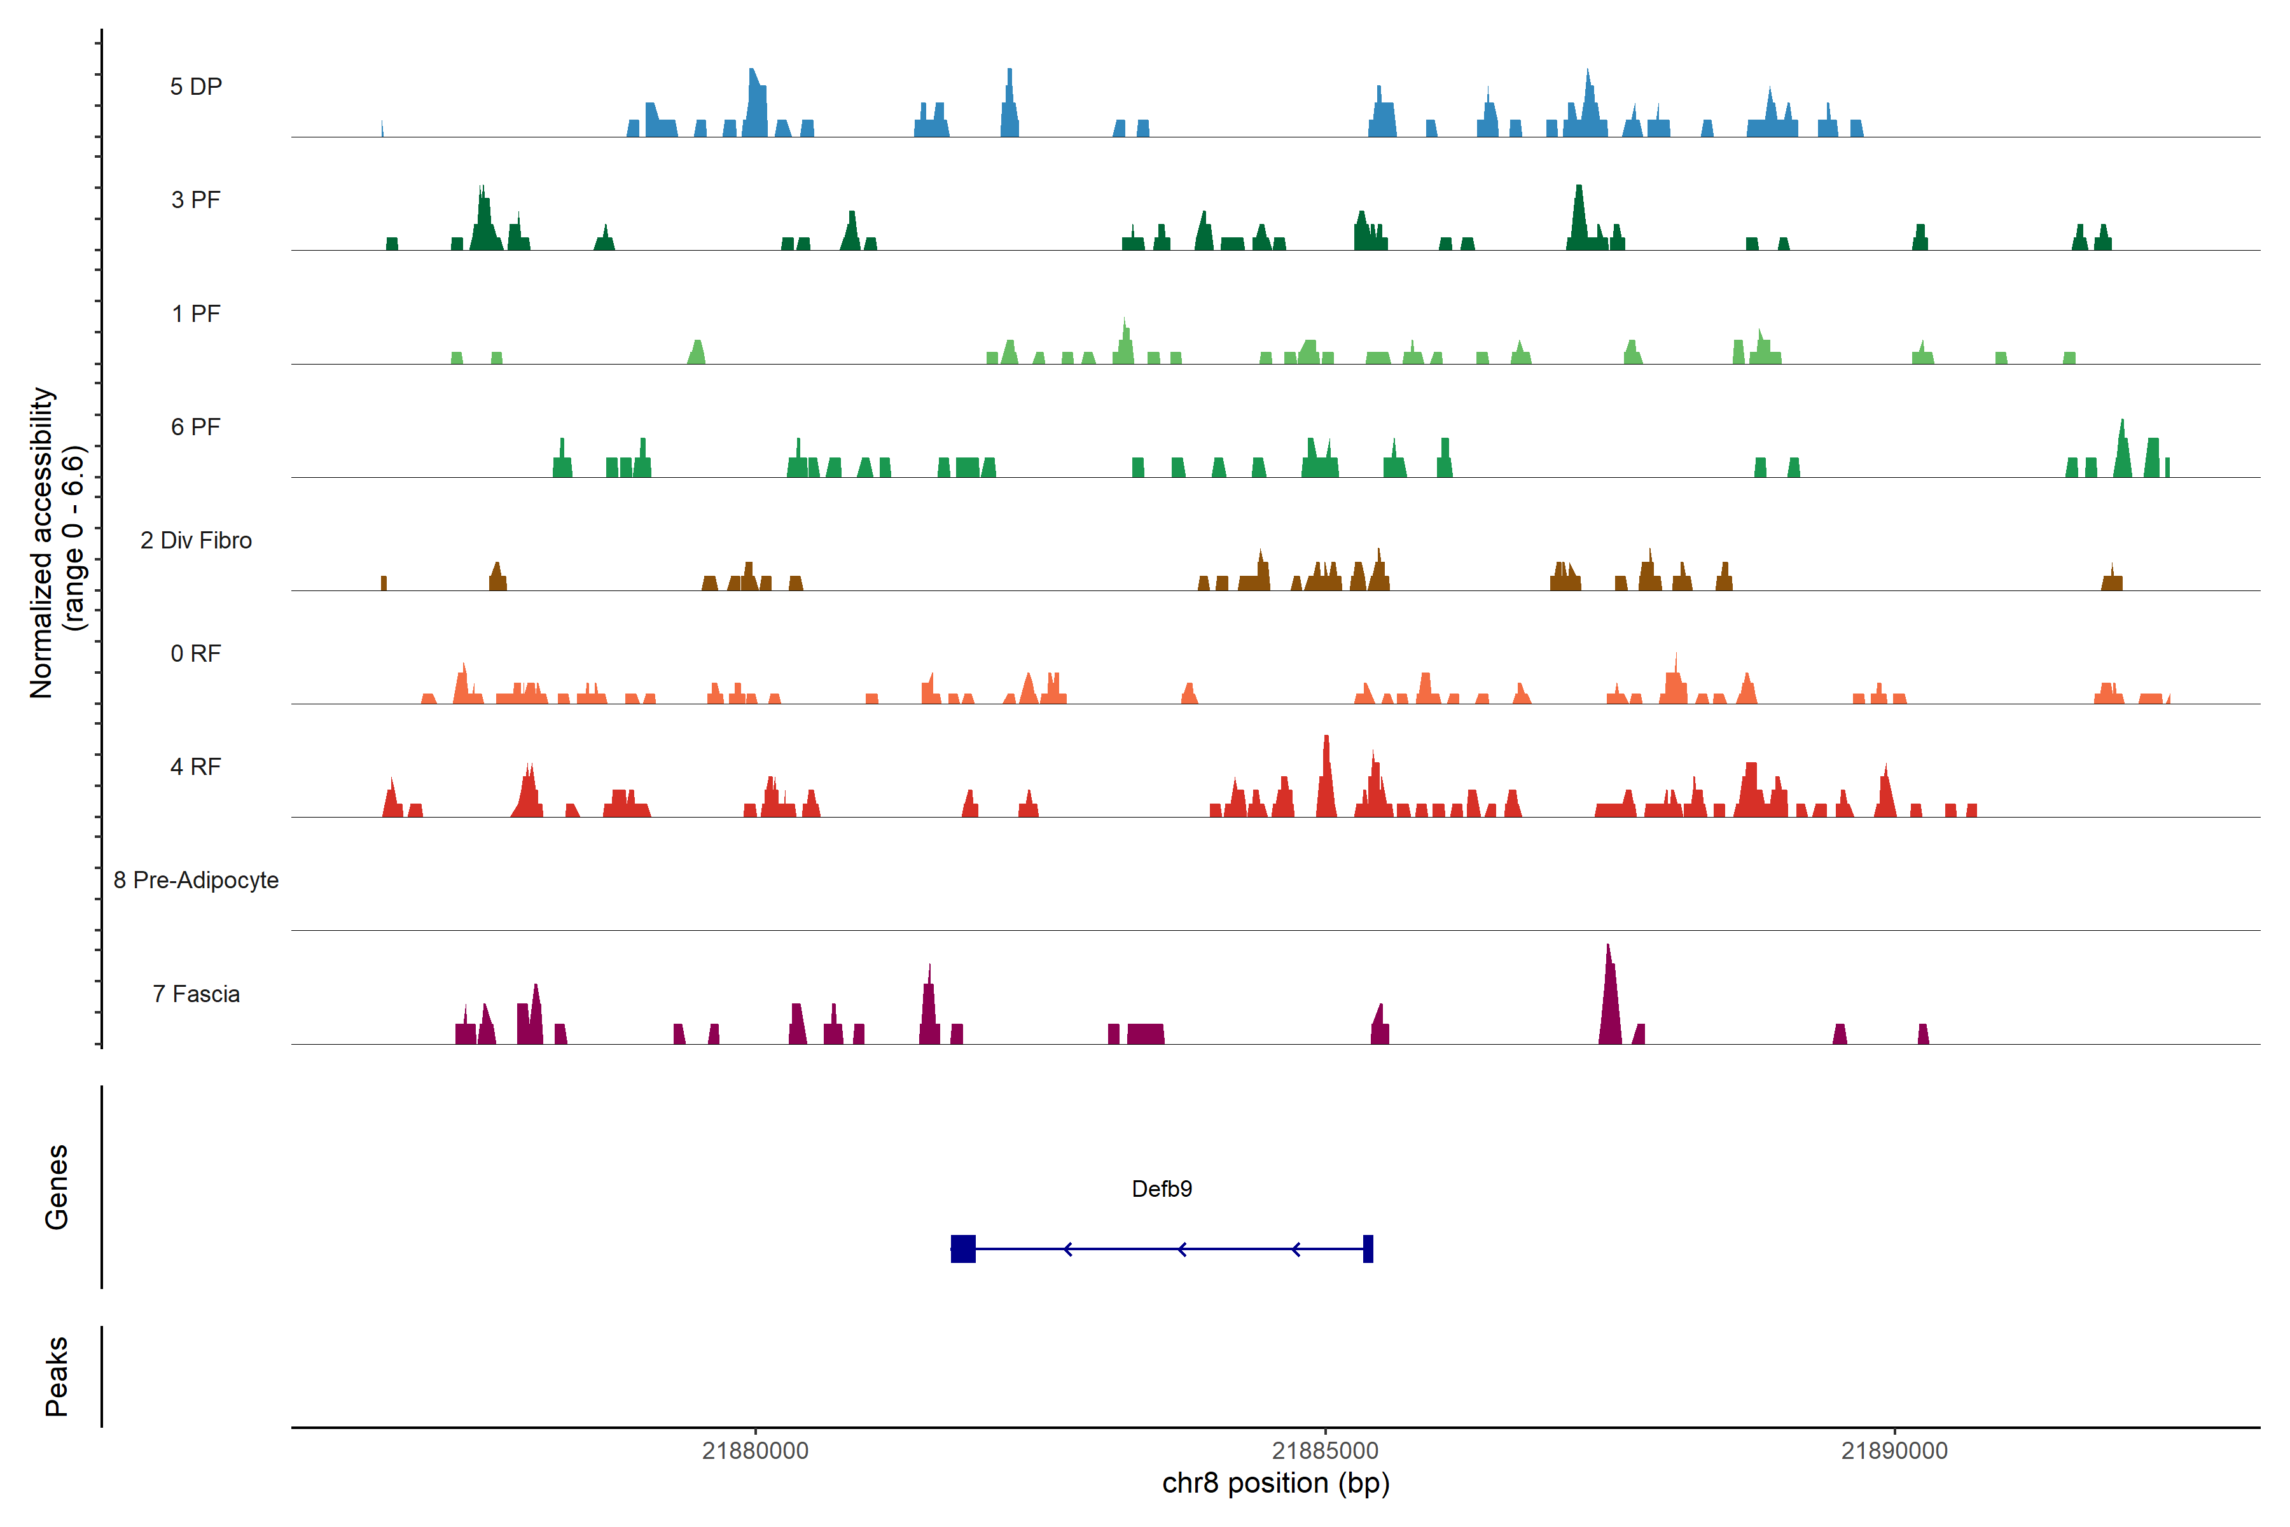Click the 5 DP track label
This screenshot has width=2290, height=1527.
tap(196, 87)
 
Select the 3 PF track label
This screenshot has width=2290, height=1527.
tap(196, 200)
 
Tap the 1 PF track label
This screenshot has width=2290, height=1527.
tap(196, 314)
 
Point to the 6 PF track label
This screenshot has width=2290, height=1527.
tap(196, 426)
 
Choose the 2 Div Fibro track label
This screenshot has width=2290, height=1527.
tap(196, 540)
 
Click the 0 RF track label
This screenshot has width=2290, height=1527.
tap(196, 653)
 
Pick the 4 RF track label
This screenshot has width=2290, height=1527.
tap(196, 767)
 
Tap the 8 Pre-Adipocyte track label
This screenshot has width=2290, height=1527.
tap(196, 881)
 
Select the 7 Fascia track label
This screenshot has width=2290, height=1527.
tap(196, 993)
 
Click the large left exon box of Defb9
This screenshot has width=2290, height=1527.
tap(963, 1248)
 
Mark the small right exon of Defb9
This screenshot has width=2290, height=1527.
tap(1368, 1248)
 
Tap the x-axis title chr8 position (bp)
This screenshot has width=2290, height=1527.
tap(1275, 1483)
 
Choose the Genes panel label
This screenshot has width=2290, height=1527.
tap(57, 1187)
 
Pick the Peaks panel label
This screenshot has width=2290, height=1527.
tap(57, 1376)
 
